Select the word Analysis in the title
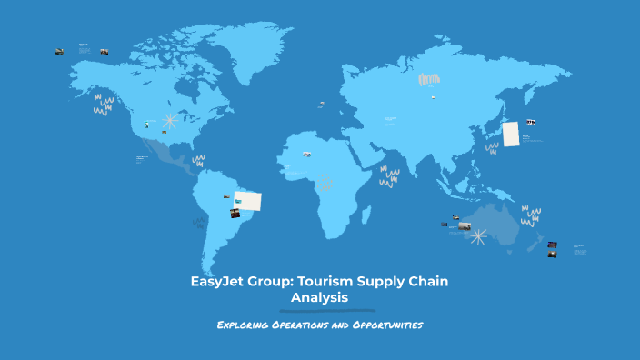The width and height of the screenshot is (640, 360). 320,297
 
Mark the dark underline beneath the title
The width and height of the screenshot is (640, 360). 320,311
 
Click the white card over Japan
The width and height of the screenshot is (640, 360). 511,133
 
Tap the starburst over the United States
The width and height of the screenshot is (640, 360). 170,121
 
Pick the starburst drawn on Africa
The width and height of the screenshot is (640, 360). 324,182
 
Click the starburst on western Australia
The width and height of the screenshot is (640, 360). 478,236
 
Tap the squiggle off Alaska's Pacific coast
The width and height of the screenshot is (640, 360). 104,105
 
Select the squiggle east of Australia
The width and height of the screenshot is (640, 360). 531,216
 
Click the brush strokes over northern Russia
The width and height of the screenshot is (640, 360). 428,80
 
